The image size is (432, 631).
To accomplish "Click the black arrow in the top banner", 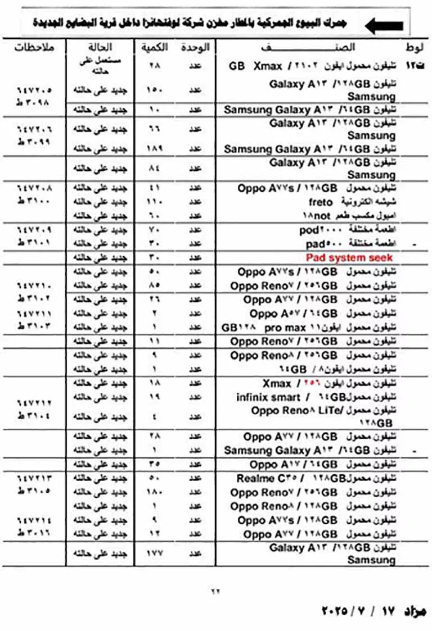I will coord(384,25).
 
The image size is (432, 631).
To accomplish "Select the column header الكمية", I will coord(155,47).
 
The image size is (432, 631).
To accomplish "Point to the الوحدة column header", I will coord(195,47).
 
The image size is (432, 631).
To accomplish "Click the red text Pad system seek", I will coord(349,257).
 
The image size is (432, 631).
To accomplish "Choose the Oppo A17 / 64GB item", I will coord(293,465).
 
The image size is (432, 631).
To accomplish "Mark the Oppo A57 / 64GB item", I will coord(293,314).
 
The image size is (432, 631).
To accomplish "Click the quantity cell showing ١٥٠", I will coord(155,90).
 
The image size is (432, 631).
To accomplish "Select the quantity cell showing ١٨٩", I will coord(155,149).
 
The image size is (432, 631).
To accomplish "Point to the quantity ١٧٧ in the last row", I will coord(155,553).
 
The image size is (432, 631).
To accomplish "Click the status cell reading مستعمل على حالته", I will coord(100,66).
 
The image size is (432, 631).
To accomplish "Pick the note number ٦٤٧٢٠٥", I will coord(34,90).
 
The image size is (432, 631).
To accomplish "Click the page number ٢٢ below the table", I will coord(215,591).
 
